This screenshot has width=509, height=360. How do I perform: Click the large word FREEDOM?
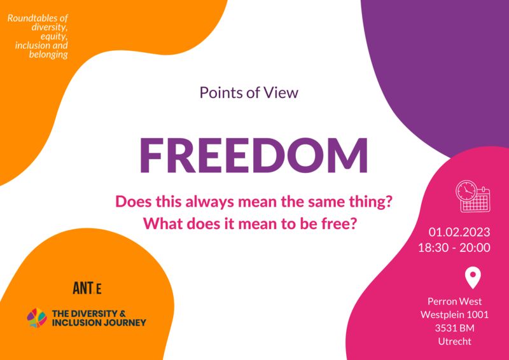(x=254, y=155)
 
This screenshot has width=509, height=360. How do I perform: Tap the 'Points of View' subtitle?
(x=249, y=92)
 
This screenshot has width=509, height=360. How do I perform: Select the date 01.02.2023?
(x=459, y=232)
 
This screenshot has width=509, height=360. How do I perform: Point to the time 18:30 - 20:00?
(x=454, y=247)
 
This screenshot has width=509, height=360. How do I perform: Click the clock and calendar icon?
(x=473, y=196)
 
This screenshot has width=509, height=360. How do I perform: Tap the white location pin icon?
(x=473, y=277)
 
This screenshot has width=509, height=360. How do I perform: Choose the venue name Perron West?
(x=454, y=301)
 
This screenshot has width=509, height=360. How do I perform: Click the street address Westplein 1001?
(x=454, y=315)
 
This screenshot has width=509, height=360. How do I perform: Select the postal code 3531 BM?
(x=454, y=328)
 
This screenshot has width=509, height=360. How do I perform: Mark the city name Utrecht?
(x=454, y=342)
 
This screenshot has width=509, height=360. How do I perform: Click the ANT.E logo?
(x=87, y=288)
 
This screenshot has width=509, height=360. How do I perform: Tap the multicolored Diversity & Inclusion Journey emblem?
(x=37, y=318)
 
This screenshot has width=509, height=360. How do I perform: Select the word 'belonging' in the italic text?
(x=48, y=55)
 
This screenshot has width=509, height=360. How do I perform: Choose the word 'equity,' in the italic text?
(x=54, y=37)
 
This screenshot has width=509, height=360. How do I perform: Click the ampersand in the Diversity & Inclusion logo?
(x=122, y=314)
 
